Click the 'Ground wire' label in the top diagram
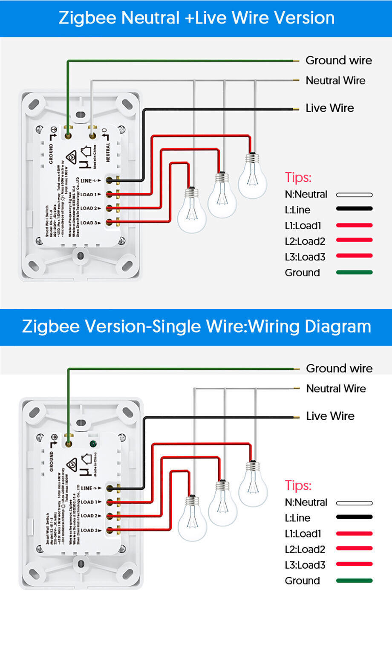pos(338,61)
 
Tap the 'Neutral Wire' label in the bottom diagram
pos(336,389)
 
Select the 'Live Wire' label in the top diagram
pos(329,108)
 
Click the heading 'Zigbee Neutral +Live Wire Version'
pos(196,18)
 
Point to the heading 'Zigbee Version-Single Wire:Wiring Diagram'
pos(196,327)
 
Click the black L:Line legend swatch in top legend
pos(354,209)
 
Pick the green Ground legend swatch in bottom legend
pos(354,581)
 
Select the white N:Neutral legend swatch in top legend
pos(354,195)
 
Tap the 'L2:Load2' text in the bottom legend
pos(305,549)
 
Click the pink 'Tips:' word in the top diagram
pos(298,177)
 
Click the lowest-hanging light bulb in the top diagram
pos(192,211)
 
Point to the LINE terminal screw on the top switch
pos(110,180)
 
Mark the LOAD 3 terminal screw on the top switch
pos(110,222)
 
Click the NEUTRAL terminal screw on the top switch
pos(92,136)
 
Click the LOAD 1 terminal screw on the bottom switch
pos(110,502)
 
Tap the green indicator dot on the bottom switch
pos(92,444)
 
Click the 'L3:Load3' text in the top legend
pos(305,257)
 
